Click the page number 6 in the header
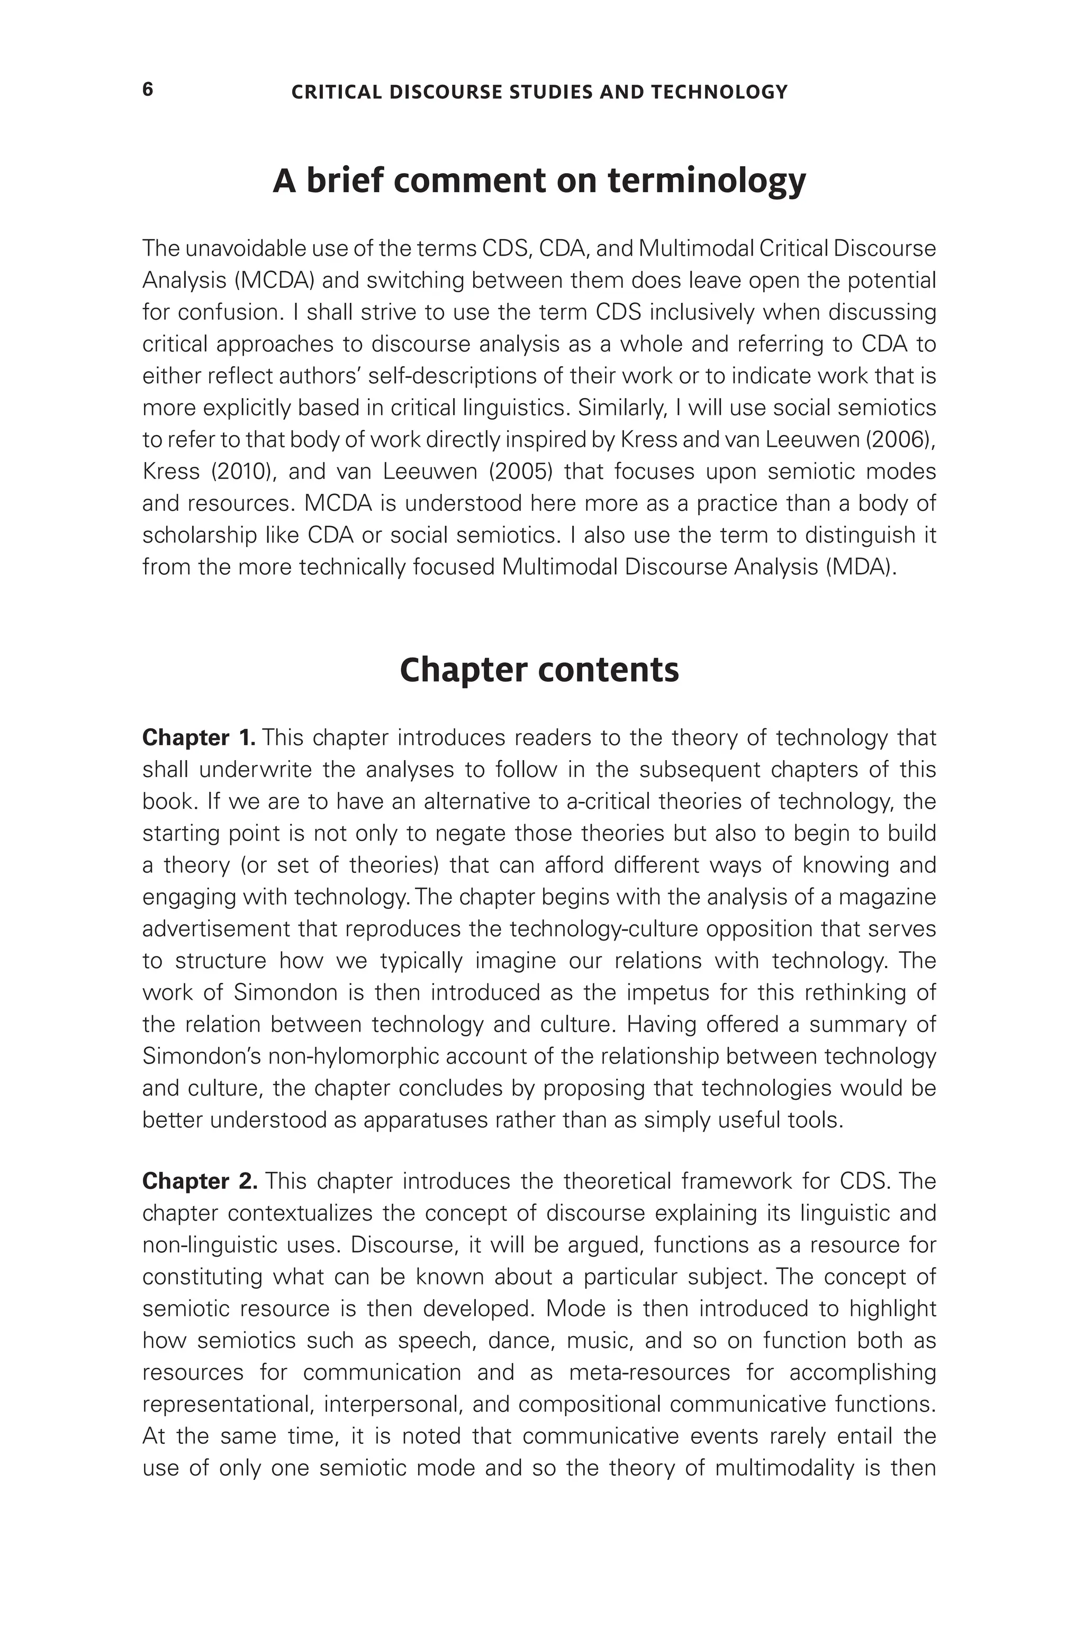[147, 90]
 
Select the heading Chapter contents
[539, 670]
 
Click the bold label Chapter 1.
[198, 738]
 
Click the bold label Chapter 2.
[199, 1181]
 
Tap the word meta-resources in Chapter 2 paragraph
[648, 1372]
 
